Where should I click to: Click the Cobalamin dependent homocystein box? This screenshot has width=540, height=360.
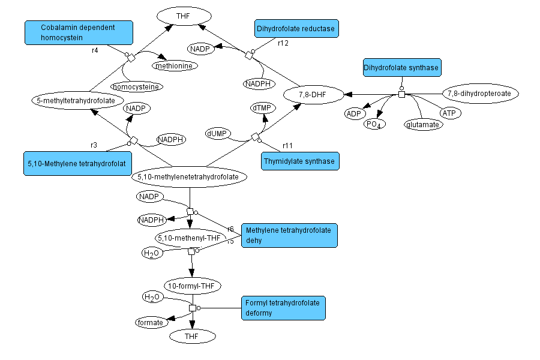78,33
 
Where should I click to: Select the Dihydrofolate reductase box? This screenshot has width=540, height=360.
296,28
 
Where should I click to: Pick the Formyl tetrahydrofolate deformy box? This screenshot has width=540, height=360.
283,308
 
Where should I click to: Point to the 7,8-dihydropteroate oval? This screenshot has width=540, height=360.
481,94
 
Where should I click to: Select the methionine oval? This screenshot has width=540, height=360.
175,65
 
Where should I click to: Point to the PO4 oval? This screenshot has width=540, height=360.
375,124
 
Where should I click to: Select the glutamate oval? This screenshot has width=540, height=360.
423,124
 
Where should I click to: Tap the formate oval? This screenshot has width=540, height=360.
150,322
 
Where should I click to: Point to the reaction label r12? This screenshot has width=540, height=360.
283,43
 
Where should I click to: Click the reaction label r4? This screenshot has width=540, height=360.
95,50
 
